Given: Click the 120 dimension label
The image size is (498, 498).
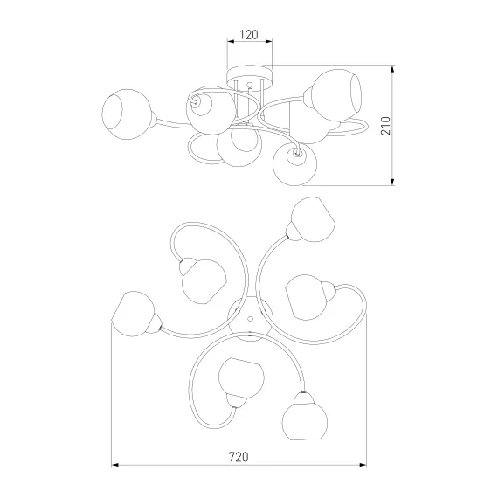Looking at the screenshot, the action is (x=249, y=35).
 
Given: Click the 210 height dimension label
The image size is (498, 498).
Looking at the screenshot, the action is (x=385, y=126).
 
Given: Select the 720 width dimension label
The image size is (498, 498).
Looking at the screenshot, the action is (x=239, y=457).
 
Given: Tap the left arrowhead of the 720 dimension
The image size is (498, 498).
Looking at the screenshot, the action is (x=114, y=465).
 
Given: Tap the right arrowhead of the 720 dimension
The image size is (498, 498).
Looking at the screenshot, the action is (x=363, y=465).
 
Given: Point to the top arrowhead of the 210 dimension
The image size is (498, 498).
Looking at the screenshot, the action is (x=392, y=69).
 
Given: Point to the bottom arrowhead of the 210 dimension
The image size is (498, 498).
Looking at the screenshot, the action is (x=392, y=182).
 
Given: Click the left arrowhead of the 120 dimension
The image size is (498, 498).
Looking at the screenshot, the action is (x=231, y=41).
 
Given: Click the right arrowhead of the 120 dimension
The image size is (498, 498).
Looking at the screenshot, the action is (x=269, y=41).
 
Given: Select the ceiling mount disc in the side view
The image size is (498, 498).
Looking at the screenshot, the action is (x=250, y=77).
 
